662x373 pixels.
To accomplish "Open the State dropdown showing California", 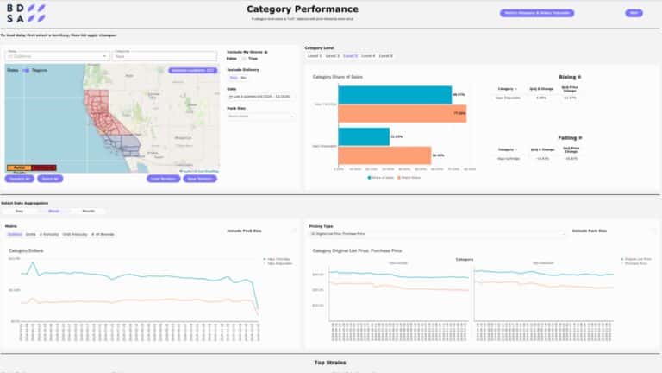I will pyautogui.click(x=56, y=56).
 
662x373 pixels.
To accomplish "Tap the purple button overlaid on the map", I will pyautogui.click(x=192, y=70).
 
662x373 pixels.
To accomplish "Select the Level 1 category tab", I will pyautogui.click(x=315, y=55).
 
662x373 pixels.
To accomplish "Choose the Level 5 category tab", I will pyautogui.click(x=384, y=55).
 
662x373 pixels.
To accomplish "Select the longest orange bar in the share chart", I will pyautogui.click(x=402, y=113).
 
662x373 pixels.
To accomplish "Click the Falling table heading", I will pyautogui.click(x=567, y=137).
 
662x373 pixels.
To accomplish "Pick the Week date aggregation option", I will pyautogui.click(x=53, y=211).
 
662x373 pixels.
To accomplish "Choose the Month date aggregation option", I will pyautogui.click(x=88, y=211).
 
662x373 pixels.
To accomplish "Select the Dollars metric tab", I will pyautogui.click(x=15, y=234).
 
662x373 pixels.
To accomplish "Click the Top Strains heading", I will pyautogui.click(x=330, y=363).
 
